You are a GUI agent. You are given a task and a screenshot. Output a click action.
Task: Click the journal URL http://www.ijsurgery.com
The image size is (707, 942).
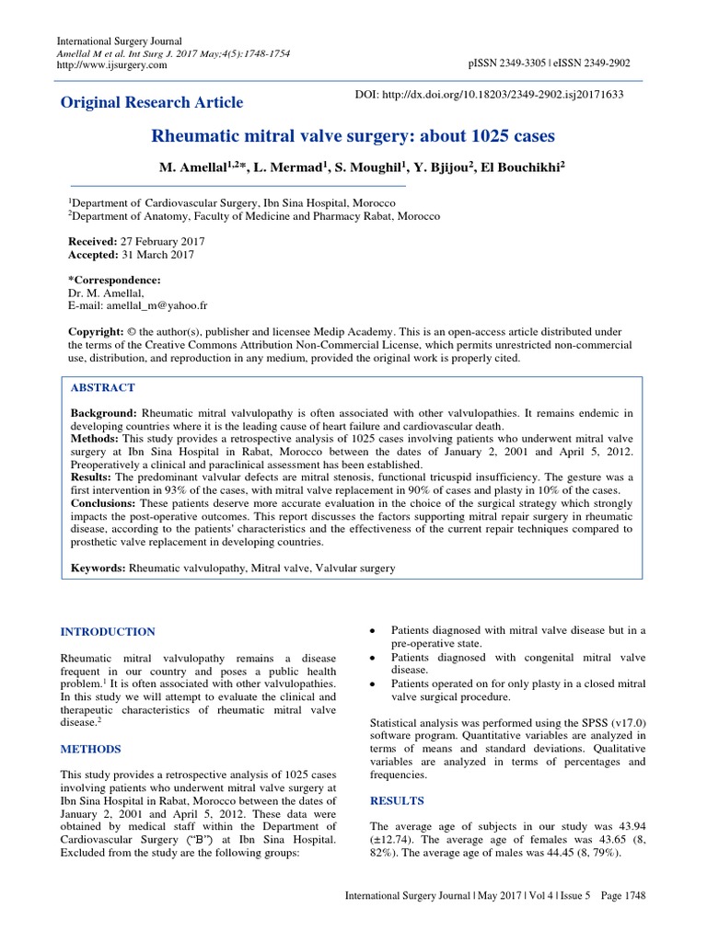(111, 65)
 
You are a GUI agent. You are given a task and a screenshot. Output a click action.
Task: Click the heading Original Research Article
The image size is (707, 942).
(152, 102)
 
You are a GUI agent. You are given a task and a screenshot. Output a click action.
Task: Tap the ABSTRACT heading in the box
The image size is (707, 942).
(102, 388)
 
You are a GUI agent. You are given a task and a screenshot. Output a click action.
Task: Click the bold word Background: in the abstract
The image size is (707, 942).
(103, 414)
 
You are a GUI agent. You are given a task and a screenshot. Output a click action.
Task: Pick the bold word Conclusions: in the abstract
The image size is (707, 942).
(104, 503)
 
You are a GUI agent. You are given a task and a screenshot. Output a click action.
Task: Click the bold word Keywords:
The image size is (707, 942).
(99, 569)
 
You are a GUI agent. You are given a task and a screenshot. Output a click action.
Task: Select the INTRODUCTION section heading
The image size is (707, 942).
(108, 632)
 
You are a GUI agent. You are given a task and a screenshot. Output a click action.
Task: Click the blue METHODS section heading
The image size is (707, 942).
(91, 750)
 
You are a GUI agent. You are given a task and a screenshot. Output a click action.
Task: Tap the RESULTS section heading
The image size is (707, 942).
(396, 801)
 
